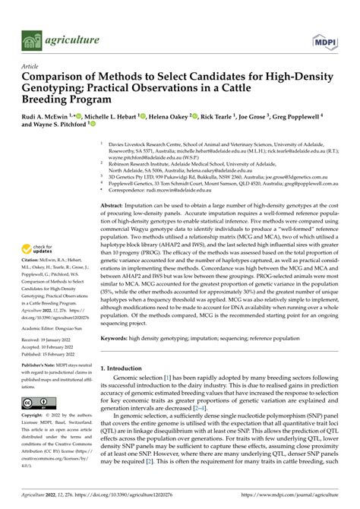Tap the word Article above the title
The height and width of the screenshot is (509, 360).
(31, 67)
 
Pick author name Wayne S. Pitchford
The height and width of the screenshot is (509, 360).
(61, 130)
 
